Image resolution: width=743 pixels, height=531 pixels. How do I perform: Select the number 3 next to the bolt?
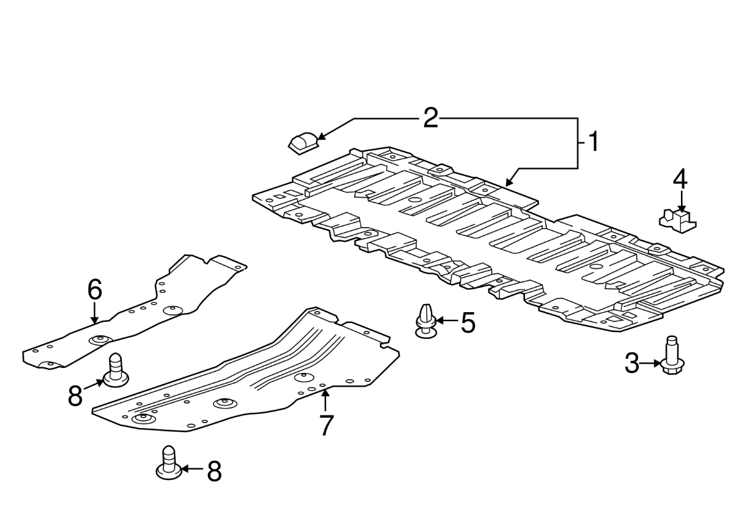[632, 364]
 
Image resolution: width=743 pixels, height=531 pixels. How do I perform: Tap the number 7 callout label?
[326, 425]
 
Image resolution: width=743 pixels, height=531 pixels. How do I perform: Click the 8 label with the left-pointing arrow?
[214, 472]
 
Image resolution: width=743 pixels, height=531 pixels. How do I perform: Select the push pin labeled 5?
[426, 321]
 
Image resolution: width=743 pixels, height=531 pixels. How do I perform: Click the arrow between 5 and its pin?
[446, 322]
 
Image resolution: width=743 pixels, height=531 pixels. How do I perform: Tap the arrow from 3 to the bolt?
[650, 364]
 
